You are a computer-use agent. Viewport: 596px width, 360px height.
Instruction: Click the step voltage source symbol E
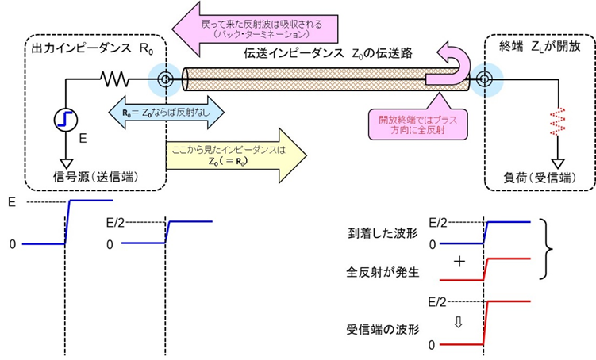click(63, 120)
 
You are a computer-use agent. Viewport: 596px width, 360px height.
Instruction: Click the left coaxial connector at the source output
click(164, 80)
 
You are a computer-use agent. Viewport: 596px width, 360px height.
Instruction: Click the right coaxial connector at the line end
click(482, 80)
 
